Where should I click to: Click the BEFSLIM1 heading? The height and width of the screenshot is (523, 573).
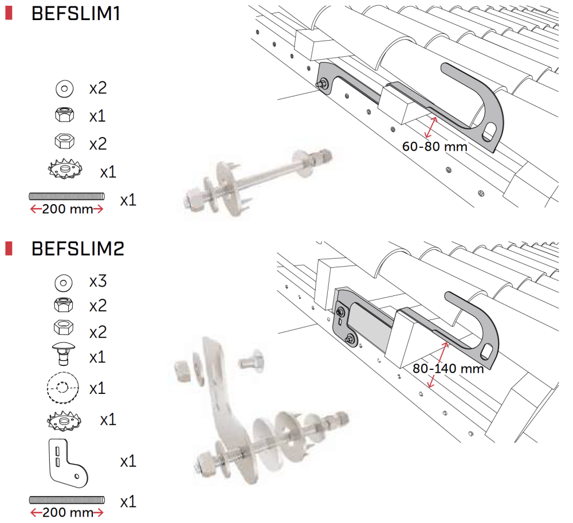click(x=76, y=14)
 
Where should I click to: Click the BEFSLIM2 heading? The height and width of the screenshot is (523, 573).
click(x=78, y=249)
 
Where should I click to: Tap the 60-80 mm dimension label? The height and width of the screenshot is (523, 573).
click(x=434, y=146)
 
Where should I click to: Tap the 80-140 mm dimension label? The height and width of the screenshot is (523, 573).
click(x=448, y=368)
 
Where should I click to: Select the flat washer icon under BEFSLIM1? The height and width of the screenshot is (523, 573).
click(x=65, y=89)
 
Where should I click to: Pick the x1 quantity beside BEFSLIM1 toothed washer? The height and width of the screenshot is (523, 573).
click(x=108, y=172)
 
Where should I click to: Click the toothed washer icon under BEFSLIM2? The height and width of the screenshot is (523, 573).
click(x=64, y=420)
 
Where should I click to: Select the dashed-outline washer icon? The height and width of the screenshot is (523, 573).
click(x=64, y=388)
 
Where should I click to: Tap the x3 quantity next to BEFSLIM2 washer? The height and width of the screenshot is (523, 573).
click(x=98, y=282)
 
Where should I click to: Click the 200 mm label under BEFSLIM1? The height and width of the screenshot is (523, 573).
click(x=67, y=209)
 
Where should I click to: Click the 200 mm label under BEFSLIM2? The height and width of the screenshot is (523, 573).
click(x=67, y=512)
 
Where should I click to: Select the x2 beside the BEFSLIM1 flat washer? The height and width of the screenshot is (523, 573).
click(x=98, y=89)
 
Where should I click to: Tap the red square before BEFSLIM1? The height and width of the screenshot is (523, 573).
click(x=9, y=13)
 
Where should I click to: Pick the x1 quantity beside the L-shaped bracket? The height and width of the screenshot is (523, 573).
click(x=128, y=461)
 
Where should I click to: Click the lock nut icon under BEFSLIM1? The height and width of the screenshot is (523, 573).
click(x=64, y=116)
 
